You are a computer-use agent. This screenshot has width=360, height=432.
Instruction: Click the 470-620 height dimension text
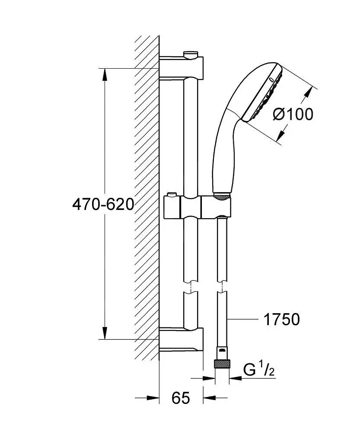103,204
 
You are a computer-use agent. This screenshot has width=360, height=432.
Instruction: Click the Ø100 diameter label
293,114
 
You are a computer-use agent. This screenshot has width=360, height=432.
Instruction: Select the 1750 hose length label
281,320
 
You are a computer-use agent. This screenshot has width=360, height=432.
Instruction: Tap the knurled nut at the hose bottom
222,363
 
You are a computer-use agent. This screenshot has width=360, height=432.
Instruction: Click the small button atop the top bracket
190,54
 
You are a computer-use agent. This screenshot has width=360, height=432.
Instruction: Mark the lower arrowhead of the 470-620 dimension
104,333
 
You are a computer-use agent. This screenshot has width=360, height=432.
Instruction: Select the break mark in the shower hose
222,288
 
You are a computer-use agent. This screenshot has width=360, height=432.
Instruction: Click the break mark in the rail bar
190,288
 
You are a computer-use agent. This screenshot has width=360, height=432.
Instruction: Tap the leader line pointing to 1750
244,320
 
